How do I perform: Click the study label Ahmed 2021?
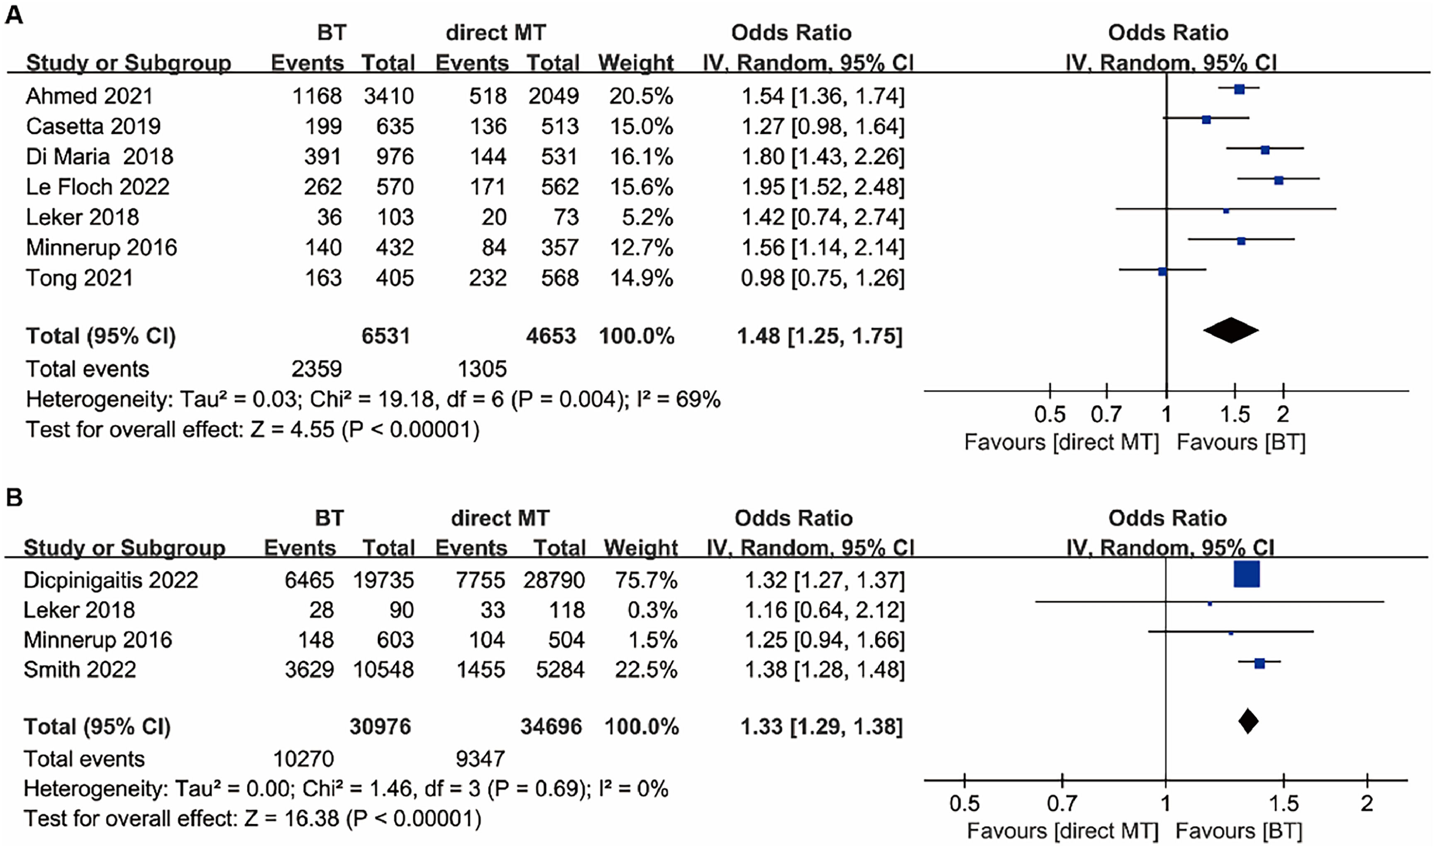coord(89,96)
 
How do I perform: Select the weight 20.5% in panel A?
coord(641,96)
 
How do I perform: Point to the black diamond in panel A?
coord(1230,330)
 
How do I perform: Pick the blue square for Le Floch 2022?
coord(1279,180)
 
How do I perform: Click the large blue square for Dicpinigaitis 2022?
coord(1247,574)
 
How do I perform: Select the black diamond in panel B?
coord(1248,721)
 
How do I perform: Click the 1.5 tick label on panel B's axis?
coord(1284,804)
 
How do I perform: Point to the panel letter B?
coord(14,498)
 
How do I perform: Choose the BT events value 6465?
coord(309,580)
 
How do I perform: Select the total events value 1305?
coord(482,369)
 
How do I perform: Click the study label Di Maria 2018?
coord(100,156)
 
